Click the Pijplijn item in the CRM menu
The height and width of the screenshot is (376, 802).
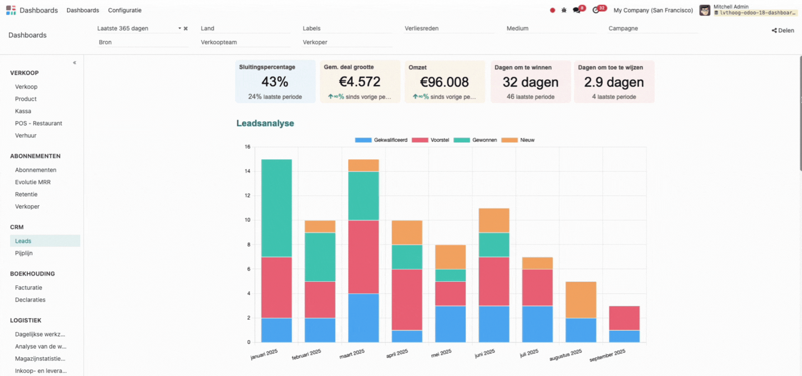[24, 253]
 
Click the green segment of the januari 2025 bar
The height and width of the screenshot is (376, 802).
[277, 208]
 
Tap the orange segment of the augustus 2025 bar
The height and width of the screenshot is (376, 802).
[581, 300]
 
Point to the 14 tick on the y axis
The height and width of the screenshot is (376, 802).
[248, 171]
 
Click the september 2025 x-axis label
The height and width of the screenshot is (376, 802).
[607, 356]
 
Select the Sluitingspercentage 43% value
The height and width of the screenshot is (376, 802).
[275, 82]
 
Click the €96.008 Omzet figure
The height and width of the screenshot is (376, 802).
[444, 82]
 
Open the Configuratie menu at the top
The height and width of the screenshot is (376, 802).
[124, 10]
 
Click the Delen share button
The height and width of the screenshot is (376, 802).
[783, 30]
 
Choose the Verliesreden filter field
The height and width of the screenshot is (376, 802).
[449, 28]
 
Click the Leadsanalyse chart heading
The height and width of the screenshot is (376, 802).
[265, 123]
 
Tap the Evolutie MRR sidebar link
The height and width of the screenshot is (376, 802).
[33, 182]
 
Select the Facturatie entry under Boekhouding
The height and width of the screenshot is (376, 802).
[28, 287]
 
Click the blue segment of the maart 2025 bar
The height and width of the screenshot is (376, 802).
[363, 318]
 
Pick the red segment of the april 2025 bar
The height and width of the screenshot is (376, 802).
[407, 299]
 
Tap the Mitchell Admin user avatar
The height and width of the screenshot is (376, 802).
[705, 10]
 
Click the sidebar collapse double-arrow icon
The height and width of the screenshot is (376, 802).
[75, 63]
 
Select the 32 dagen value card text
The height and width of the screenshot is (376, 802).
[530, 82]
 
